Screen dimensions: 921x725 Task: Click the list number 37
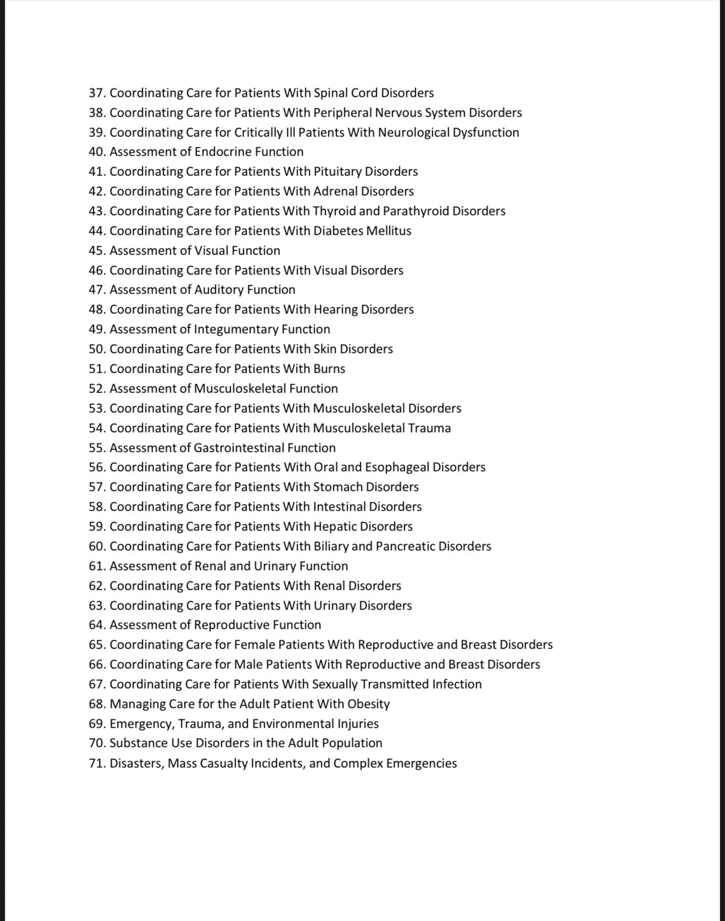click(x=97, y=93)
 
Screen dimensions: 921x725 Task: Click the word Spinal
click(x=331, y=93)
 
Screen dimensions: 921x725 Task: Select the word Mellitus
click(x=389, y=231)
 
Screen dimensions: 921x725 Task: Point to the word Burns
click(x=330, y=369)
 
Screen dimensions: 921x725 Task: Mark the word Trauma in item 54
click(x=430, y=428)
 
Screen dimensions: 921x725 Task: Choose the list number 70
click(x=97, y=743)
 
